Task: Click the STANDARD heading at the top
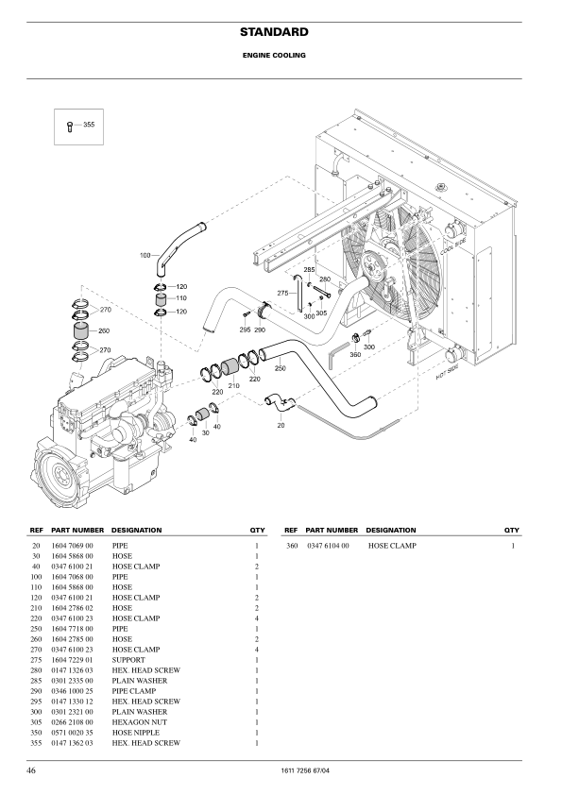tap(274, 32)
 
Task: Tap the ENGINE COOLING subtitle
tap(274, 56)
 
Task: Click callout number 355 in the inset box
tap(89, 125)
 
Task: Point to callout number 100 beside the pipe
tap(145, 255)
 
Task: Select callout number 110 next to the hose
tap(181, 298)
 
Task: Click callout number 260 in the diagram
tap(104, 330)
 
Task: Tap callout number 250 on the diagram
tap(280, 368)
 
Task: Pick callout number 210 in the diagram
tap(233, 386)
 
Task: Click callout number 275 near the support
tap(283, 293)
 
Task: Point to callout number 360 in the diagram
tap(355, 354)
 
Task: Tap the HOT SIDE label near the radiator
tap(447, 372)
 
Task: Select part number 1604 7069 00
tap(72, 546)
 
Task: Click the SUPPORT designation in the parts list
tap(128, 660)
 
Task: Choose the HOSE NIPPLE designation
tap(135, 732)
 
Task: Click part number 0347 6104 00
tap(328, 546)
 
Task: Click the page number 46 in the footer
tap(31, 770)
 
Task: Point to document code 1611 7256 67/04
tap(305, 771)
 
